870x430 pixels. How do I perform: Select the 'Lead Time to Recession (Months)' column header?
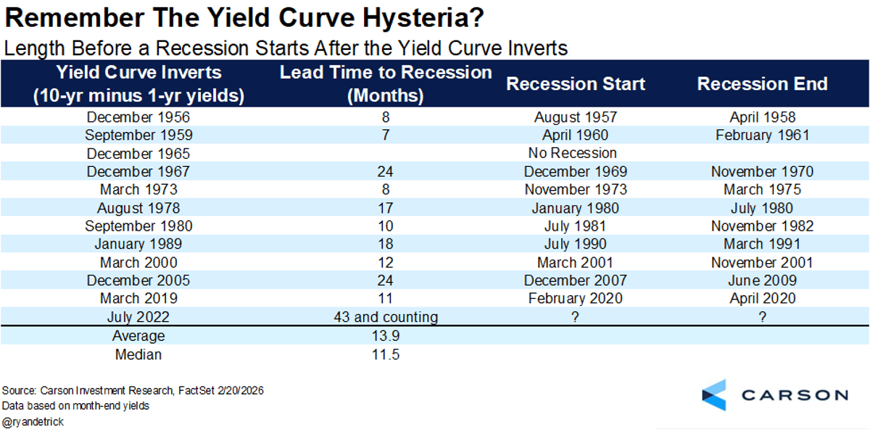point(386,83)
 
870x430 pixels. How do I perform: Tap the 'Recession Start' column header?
point(575,83)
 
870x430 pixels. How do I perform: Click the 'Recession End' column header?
point(762,83)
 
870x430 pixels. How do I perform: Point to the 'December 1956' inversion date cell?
point(138,117)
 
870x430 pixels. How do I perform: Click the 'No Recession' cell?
point(573,153)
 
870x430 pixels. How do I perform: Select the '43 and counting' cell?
point(386,317)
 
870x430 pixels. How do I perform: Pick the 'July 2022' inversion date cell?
point(138,317)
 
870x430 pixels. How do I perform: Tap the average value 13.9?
point(386,336)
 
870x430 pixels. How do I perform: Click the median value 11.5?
point(386,355)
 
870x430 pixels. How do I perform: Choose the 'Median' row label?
point(138,355)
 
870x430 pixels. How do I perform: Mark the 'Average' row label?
point(138,336)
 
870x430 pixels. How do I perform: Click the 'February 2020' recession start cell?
point(575,299)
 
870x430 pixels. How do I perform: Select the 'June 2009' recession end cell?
point(762,281)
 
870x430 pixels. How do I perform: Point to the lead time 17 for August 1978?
point(386,207)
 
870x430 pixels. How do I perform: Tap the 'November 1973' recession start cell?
point(575,189)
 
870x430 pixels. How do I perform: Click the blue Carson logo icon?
point(714,394)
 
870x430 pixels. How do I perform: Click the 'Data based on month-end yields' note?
point(75,405)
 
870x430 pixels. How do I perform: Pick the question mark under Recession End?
point(762,317)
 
